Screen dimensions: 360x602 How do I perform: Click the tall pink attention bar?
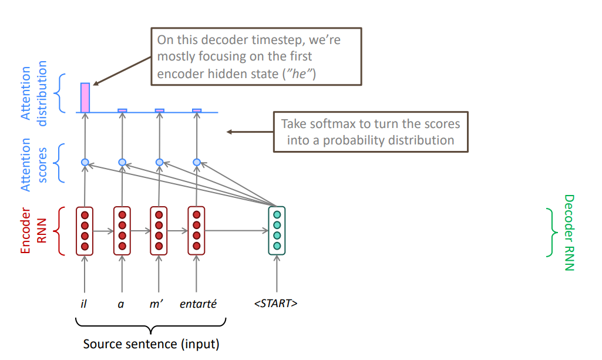85,97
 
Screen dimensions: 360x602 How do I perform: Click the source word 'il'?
84,304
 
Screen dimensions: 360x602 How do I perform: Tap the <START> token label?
276,304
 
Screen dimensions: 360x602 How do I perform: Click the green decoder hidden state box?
277,230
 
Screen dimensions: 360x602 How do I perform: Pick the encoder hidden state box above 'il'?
85,230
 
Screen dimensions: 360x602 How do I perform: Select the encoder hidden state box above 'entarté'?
196,230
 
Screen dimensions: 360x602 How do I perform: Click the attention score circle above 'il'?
85,162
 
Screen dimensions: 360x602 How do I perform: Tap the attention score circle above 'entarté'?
197,162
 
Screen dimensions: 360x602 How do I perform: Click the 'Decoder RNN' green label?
569,233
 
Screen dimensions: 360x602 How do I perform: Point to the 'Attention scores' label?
33,164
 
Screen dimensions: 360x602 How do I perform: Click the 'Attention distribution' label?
33,93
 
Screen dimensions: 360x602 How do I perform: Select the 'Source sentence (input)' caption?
151,345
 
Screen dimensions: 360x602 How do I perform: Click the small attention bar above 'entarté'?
197,110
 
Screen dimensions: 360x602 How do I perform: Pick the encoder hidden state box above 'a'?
122,230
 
